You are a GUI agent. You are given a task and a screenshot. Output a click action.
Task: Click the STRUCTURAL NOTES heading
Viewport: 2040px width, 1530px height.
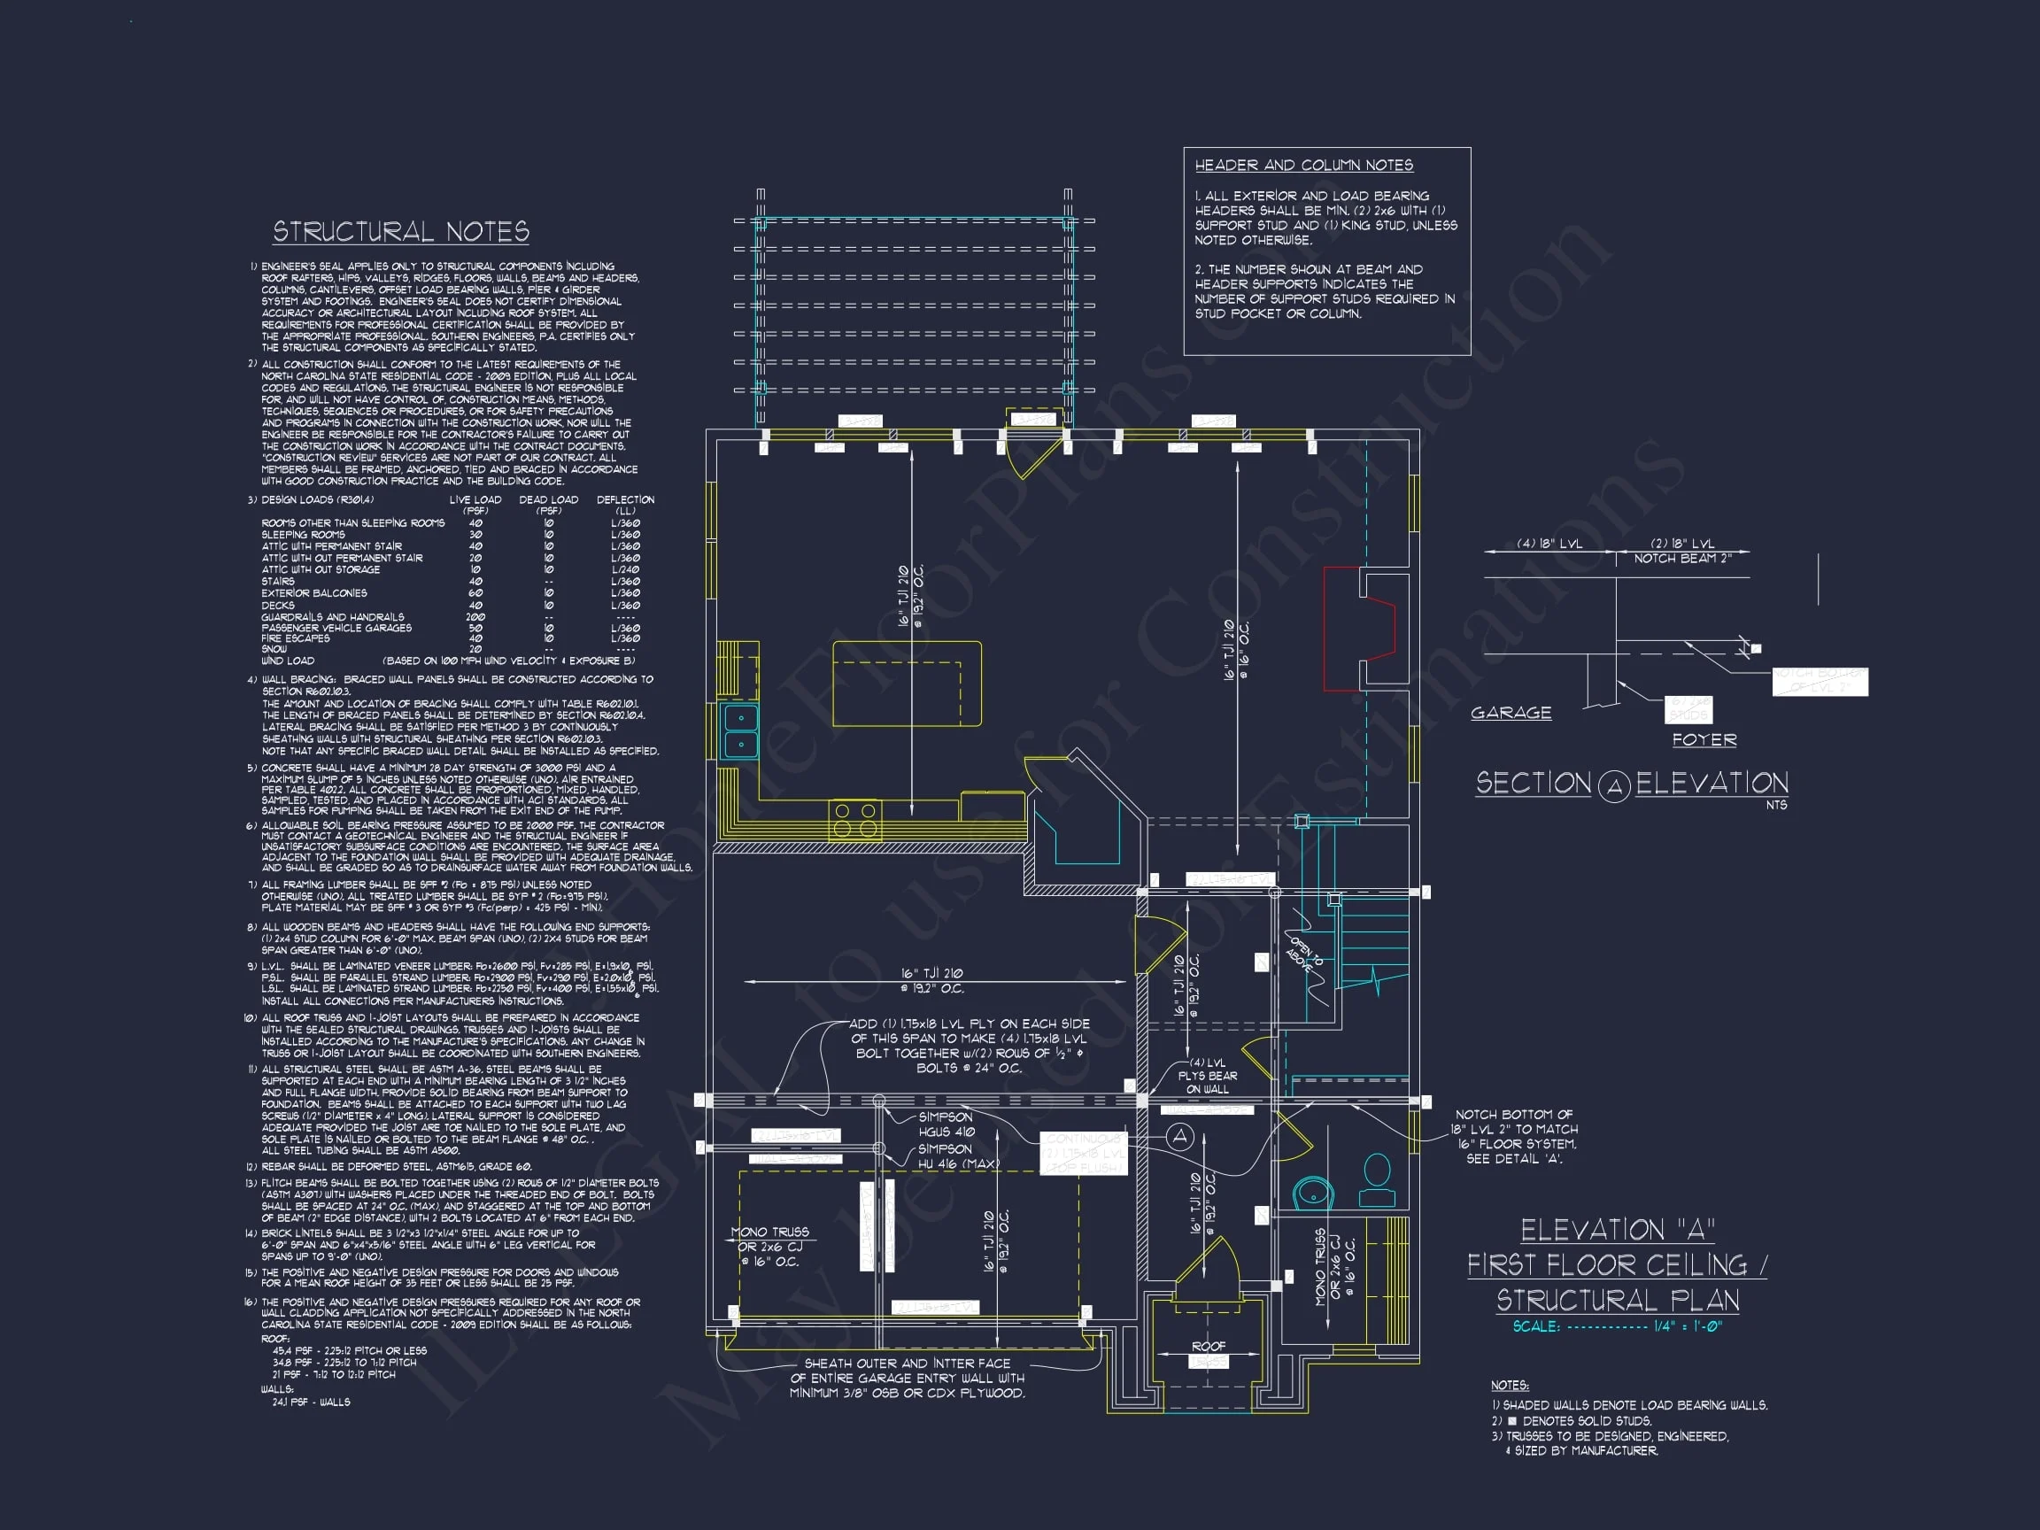(400, 231)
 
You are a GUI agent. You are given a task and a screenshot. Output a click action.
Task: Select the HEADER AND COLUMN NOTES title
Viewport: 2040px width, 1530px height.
(1303, 165)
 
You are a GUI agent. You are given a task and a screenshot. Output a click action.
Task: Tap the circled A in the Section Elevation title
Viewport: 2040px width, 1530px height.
(1614, 786)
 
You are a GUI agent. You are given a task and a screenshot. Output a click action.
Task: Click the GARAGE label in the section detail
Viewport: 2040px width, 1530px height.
(1511, 713)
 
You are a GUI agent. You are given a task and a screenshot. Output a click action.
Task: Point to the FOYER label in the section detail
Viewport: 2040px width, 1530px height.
(1704, 739)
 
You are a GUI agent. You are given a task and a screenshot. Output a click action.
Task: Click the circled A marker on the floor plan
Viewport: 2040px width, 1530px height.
(1180, 1136)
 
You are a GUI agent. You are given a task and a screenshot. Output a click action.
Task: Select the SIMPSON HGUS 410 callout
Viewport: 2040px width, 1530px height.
(946, 1124)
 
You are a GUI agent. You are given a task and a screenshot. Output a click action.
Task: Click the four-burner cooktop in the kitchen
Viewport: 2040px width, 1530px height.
(855, 819)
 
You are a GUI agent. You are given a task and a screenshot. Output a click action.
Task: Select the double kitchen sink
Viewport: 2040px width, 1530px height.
(739, 730)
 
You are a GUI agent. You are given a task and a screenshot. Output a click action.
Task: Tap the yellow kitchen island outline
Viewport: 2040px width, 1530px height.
(907, 684)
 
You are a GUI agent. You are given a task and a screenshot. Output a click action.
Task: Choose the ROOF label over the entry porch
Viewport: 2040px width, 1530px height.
(1208, 1347)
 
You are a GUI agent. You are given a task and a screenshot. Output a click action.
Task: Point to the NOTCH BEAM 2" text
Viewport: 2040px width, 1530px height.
(1682, 558)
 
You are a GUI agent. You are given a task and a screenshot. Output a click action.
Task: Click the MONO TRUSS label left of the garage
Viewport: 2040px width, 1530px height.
(769, 1246)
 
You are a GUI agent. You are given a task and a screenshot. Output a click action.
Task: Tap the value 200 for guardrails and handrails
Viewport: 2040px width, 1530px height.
(475, 617)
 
